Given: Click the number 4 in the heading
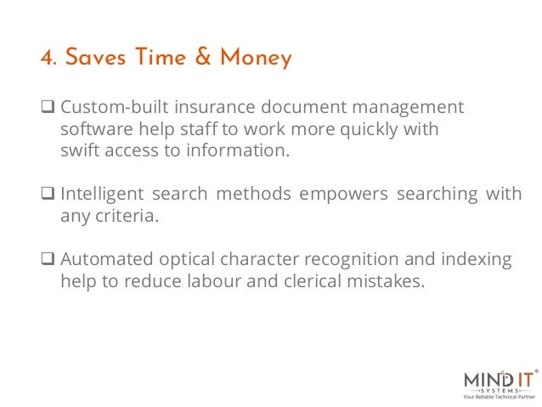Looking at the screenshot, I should [46, 59].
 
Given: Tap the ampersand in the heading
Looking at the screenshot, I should [198, 58].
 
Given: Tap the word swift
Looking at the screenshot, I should [81, 151].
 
